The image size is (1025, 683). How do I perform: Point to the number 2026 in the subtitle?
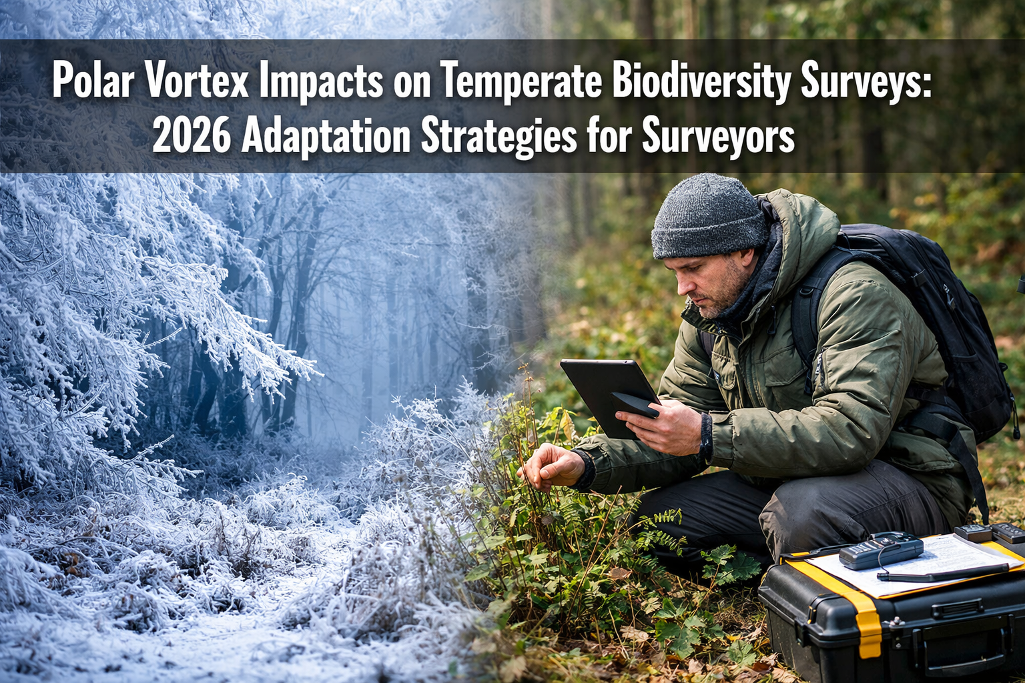[192, 136]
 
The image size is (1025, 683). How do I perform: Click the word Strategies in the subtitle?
[498, 136]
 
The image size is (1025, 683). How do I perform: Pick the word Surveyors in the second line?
[718, 136]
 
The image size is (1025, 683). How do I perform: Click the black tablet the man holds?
[604, 390]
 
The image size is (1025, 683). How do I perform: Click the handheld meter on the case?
[881, 551]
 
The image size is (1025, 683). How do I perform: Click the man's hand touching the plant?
[553, 466]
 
